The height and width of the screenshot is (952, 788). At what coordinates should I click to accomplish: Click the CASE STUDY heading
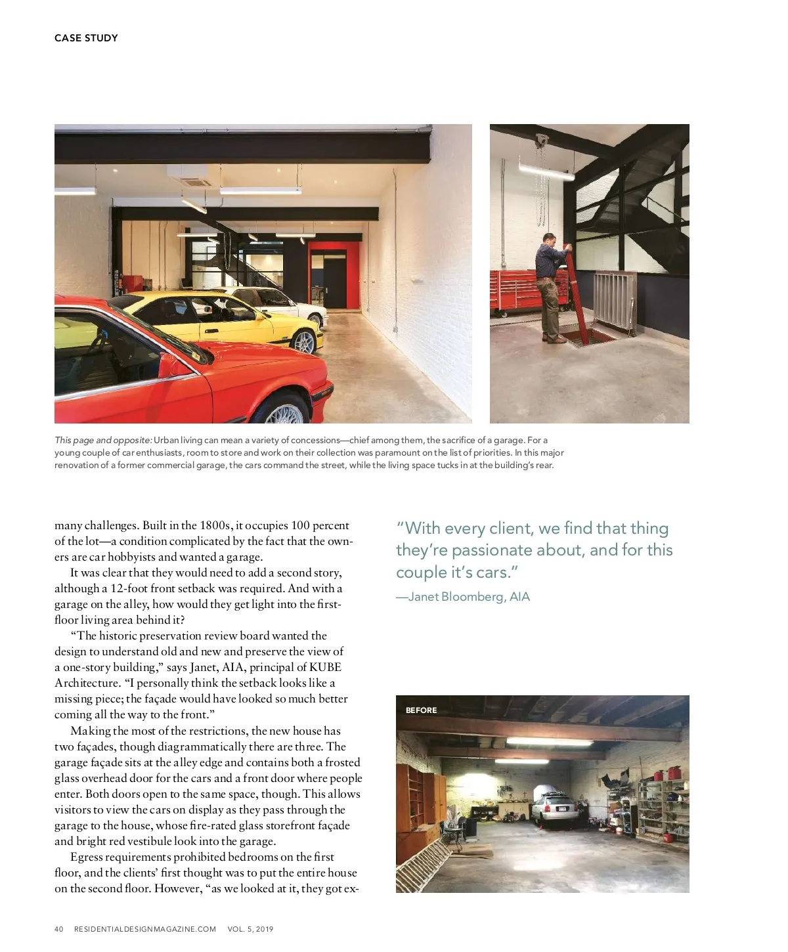pos(86,38)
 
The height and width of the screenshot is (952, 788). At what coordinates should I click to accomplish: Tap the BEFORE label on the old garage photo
pos(421,710)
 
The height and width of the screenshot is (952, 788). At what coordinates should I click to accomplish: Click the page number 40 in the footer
pos(58,929)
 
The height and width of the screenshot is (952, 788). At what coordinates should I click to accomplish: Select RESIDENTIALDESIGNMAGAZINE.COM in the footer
pos(144,929)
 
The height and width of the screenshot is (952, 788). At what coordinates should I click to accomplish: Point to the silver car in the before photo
pos(554,809)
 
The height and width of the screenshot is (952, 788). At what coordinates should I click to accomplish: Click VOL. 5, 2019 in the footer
pos(250,929)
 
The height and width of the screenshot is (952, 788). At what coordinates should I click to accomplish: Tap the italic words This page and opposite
pos(103,440)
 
